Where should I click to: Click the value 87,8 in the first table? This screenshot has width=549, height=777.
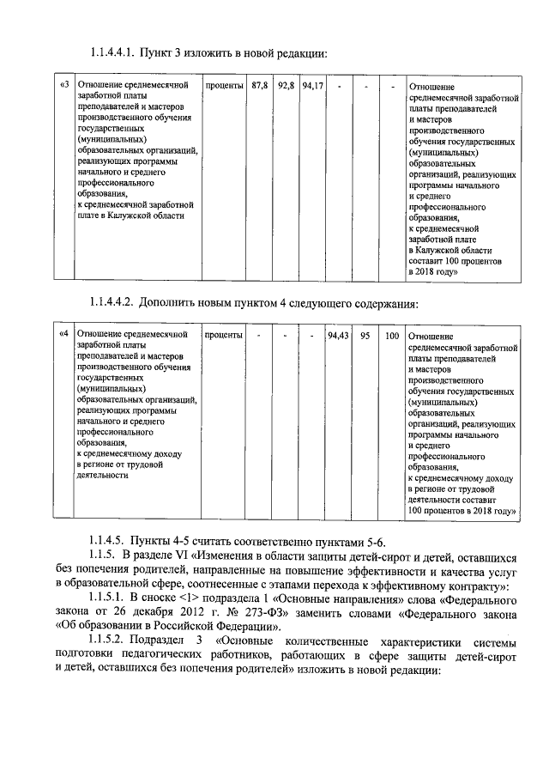pyautogui.click(x=260, y=86)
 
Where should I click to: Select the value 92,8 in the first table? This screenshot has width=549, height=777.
pyautogui.click(x=287, y=86)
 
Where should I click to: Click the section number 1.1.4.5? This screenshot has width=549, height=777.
pyautogui.click(x=108, y=540)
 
